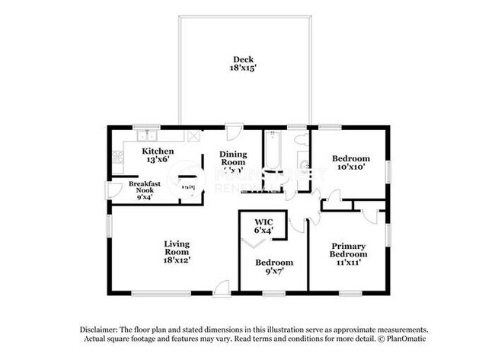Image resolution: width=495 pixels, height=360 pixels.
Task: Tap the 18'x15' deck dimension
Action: click(x=244, y=68)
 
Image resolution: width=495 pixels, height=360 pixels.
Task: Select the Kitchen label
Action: click(x=158, y=151)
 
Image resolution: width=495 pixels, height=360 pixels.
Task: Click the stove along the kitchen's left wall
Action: click(x=117, y=158)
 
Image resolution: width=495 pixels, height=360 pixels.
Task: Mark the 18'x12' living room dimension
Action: click(x=177, y=260)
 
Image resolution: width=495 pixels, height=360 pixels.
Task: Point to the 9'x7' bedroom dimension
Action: click(x=273, y=272)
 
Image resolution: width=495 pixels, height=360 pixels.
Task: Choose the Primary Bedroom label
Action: click(x=350, y=251)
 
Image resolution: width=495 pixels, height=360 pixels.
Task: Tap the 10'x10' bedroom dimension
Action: click(x=351, y=169)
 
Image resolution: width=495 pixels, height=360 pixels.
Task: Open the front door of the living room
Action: click(x=221, y=288)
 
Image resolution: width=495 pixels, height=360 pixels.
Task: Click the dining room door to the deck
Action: click(x=235, y=131)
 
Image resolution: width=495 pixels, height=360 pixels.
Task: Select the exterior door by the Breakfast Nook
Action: click(x=112, y=190)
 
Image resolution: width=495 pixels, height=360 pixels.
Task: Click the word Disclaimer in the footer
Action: click(x=102, y=328)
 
